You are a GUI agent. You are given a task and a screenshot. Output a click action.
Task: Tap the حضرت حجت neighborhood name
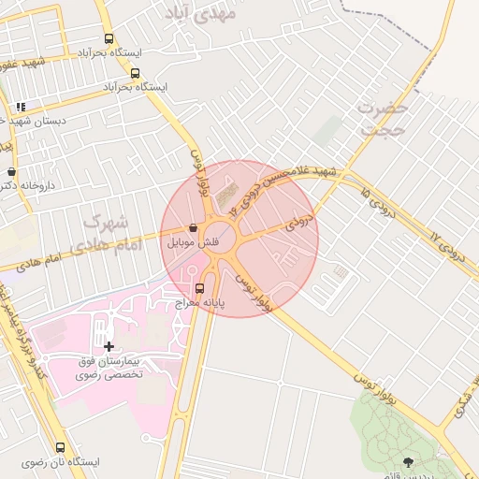(382, 119)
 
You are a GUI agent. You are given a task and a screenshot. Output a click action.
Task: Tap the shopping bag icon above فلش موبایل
(192, 227)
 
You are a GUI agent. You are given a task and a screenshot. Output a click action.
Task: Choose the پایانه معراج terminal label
(199, 303)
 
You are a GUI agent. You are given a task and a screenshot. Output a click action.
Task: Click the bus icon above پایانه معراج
(198, 288)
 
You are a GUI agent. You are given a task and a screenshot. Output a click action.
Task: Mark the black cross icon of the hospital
(109, 347)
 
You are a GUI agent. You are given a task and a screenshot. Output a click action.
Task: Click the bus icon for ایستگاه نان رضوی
(61, 447)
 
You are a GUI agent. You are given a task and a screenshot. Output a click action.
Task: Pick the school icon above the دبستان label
(21, 106)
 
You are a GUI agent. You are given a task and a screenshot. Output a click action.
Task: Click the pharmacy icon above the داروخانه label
(11, 172)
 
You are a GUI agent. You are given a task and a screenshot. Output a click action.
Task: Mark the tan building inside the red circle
(227, 198)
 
